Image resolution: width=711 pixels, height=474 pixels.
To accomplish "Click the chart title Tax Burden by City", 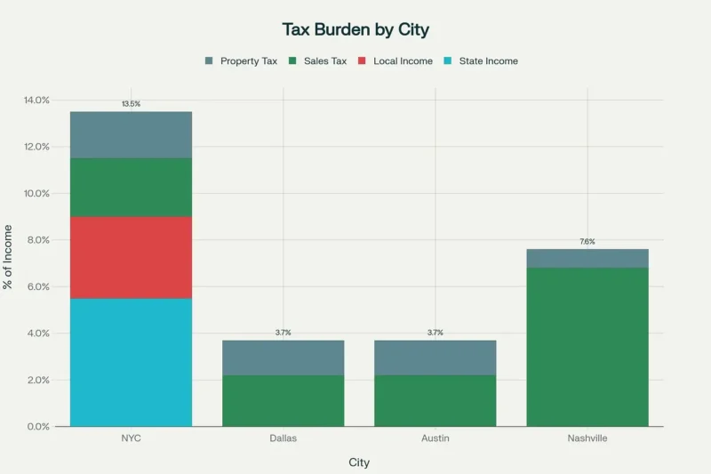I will [355, 29].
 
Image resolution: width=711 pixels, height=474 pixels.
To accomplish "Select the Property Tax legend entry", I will [241, 61].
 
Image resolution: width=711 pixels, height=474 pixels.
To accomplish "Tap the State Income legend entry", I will [480, 61].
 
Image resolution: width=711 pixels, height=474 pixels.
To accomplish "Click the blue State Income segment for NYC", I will [131, 362].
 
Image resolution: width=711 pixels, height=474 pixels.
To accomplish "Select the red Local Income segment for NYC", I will [131, 257].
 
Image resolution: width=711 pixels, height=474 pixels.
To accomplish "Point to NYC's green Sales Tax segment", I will [131, 187].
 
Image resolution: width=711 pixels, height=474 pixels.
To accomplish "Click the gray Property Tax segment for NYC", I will [131, 134].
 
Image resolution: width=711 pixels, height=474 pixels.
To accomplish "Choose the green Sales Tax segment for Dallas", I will [283, 400].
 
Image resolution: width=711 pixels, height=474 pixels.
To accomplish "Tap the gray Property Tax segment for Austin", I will [435, 358].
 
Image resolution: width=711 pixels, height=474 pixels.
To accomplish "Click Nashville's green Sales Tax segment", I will [587, 347].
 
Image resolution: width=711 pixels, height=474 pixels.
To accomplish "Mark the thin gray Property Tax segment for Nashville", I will [587, 258].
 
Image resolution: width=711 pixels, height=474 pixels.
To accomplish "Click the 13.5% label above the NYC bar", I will [131, 104].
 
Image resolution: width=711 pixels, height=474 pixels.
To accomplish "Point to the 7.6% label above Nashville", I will [587, 242].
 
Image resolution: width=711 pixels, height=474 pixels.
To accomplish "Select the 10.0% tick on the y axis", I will [36, 194].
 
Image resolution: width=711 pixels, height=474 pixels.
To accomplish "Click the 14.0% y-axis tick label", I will [36, 100].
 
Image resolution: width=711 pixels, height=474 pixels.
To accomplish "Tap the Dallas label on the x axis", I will [283, 439].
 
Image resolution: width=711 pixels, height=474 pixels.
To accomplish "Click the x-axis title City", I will [358, 462].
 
